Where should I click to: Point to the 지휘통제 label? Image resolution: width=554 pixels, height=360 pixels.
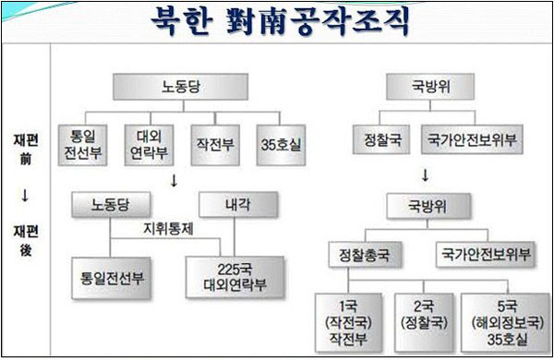[168, 226]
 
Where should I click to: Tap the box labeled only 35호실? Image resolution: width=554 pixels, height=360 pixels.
[281, 143]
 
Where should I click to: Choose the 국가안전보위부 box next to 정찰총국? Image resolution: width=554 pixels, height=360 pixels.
[487, 252]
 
